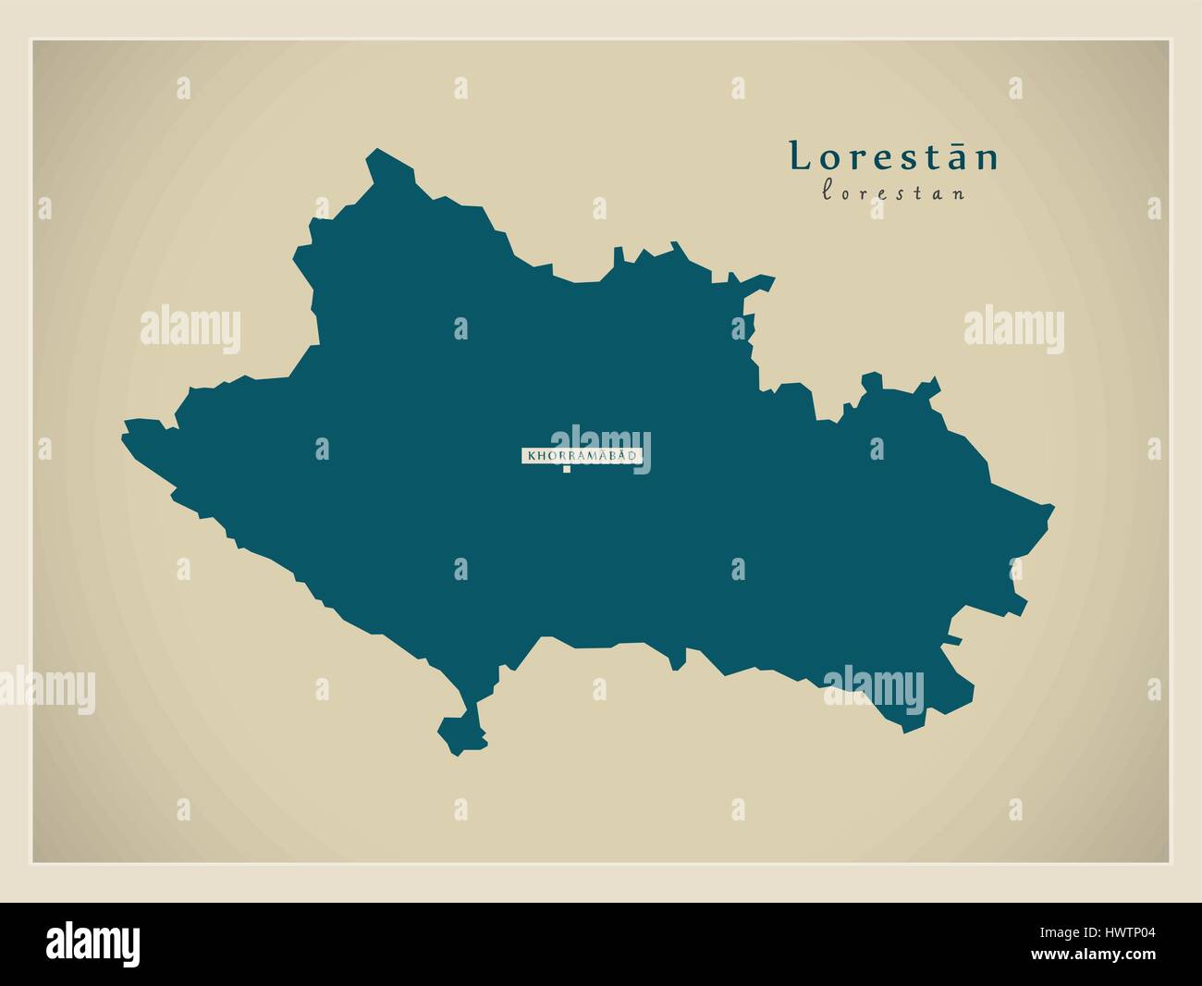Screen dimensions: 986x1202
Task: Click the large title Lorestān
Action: [893, 157]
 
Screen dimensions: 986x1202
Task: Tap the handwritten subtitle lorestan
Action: [893, 193]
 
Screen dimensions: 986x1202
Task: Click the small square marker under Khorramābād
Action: [566, 469]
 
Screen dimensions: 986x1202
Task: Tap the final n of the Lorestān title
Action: [989, 159]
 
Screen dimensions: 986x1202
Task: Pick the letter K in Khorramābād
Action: [530, 456]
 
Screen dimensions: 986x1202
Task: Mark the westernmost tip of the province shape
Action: [126, 429]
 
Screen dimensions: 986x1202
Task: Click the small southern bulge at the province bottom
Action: [460, 733]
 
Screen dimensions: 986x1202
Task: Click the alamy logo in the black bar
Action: [93, 944]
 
